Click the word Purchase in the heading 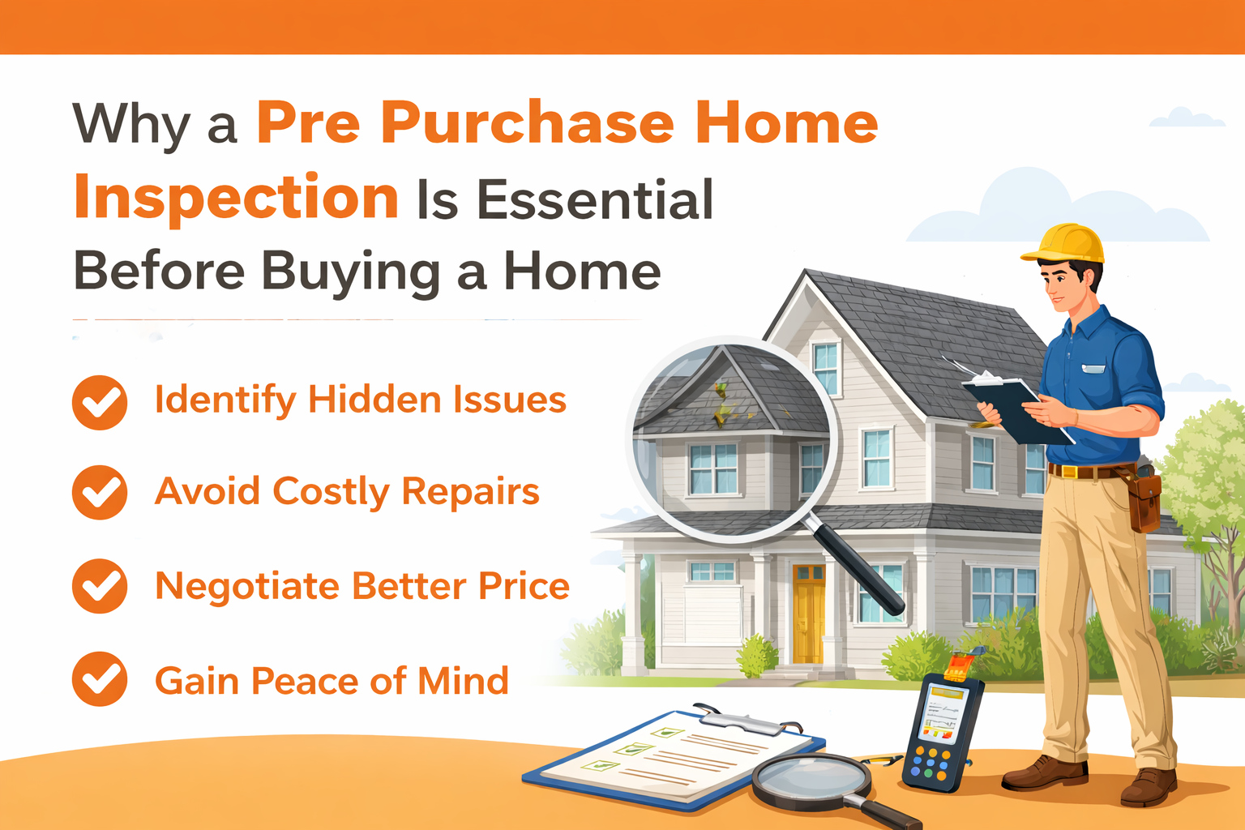[x=527, y=124]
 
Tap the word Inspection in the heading [x=236, y=198]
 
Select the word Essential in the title [x=594, y=200]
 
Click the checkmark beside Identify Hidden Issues [x=100, y=402]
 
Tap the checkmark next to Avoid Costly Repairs [x=100, y=492]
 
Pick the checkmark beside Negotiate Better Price [x=100, y=586]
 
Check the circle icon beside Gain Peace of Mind [x=100, y=679]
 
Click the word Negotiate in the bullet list [x=246, y=587]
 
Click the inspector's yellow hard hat [x=1065, y=242]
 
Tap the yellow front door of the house [x=808, y=613]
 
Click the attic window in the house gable [x=825, y=367]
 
